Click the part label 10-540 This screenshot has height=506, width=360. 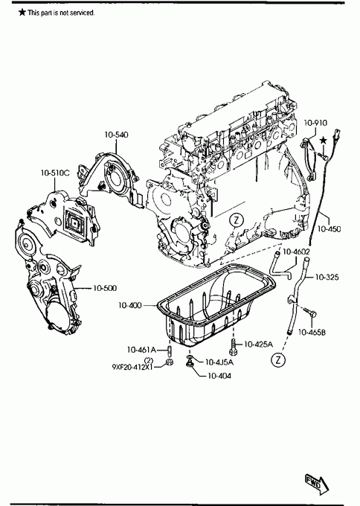116,135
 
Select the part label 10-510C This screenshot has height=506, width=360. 55,173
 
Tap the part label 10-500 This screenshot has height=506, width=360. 105,288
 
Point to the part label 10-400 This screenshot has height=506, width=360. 130,305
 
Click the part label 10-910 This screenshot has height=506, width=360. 315,123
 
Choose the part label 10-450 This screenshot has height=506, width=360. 329,228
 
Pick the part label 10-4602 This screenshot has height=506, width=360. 297,252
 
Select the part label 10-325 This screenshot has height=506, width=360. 327,277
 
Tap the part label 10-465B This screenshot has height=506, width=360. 312,332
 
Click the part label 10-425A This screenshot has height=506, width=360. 258,345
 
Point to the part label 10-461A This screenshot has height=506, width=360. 141,350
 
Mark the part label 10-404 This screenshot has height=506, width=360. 219,376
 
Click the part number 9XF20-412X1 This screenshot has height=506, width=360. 132,367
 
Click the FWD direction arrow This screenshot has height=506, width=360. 317,484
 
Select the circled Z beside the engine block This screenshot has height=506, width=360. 237,221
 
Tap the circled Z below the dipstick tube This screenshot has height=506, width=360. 278,360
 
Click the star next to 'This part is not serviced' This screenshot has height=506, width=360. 22,12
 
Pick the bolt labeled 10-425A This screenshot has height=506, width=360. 233,346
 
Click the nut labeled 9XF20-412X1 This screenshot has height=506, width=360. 169,362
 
